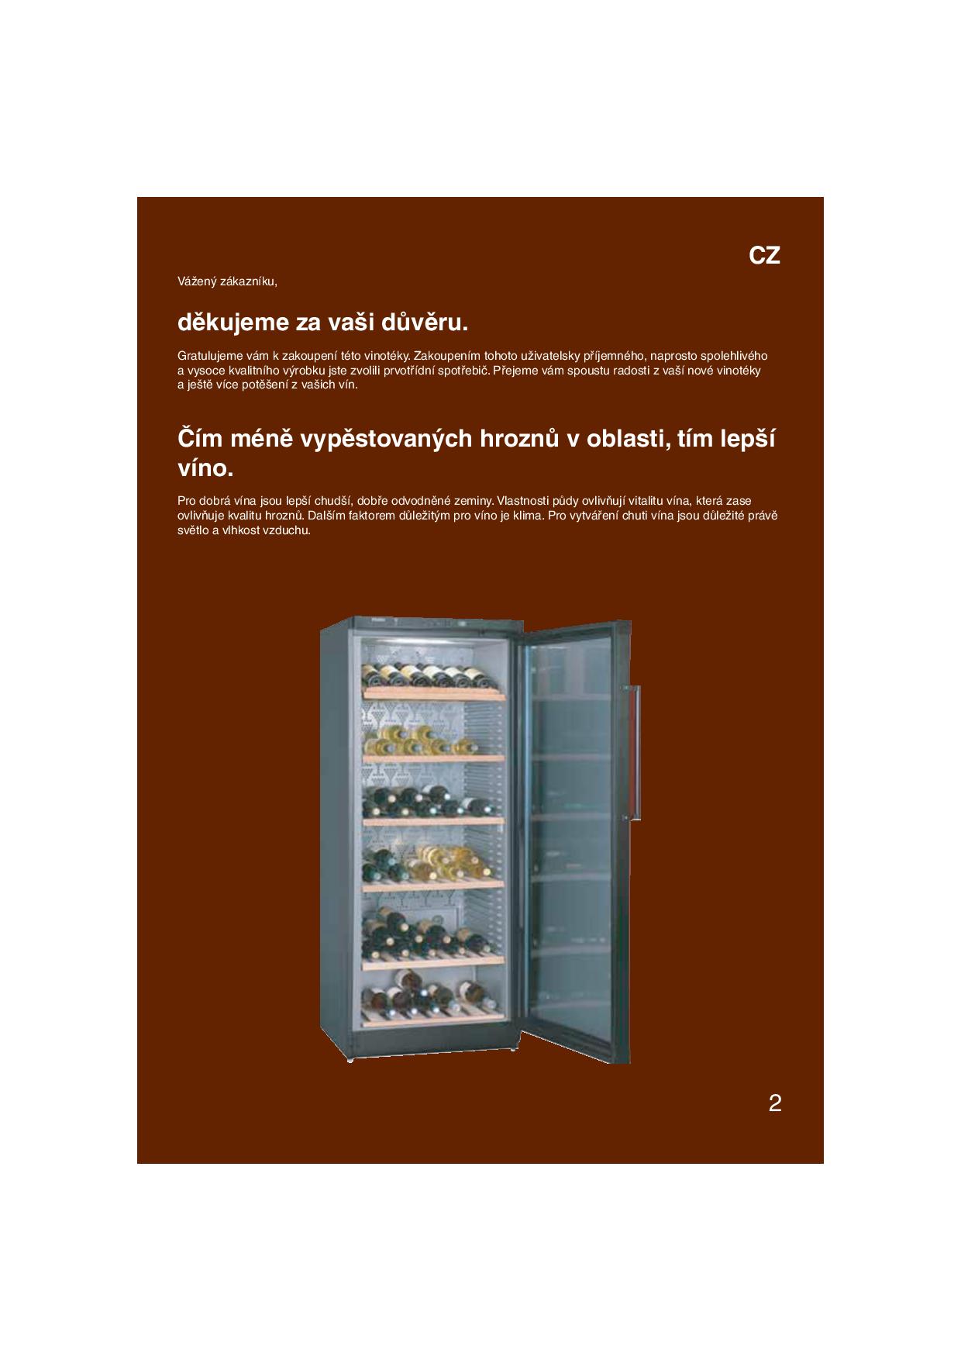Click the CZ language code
(x=764, y=256)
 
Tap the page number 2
(x=774, y=1103)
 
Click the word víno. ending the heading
(x=205, y=469)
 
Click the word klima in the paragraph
(x=527, y=516)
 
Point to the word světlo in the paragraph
(x=193, y=531)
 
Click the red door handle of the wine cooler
(x=636, y=752)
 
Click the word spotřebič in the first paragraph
(x=463, y=371)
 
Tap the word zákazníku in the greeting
(x=249, y=281)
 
